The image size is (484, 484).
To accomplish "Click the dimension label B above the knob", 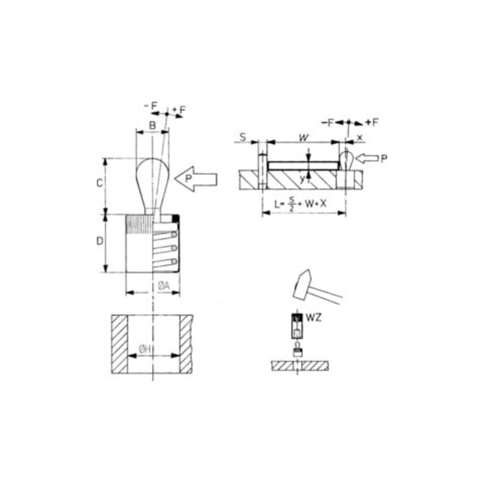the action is coord(153,125).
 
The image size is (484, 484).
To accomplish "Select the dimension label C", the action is coord(99,184).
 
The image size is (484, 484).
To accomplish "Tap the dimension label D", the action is coord(99,241).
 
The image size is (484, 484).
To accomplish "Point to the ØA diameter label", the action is coord(163,286).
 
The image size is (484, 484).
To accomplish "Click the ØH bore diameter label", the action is coord(145,350).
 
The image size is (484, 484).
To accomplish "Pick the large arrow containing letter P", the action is coord(196,179).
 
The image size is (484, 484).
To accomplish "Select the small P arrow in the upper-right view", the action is coord(367,159).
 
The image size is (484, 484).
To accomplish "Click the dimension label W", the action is coord(304,138).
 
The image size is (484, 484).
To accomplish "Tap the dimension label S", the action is coord(243,136).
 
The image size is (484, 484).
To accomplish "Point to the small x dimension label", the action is coord(360,138).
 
